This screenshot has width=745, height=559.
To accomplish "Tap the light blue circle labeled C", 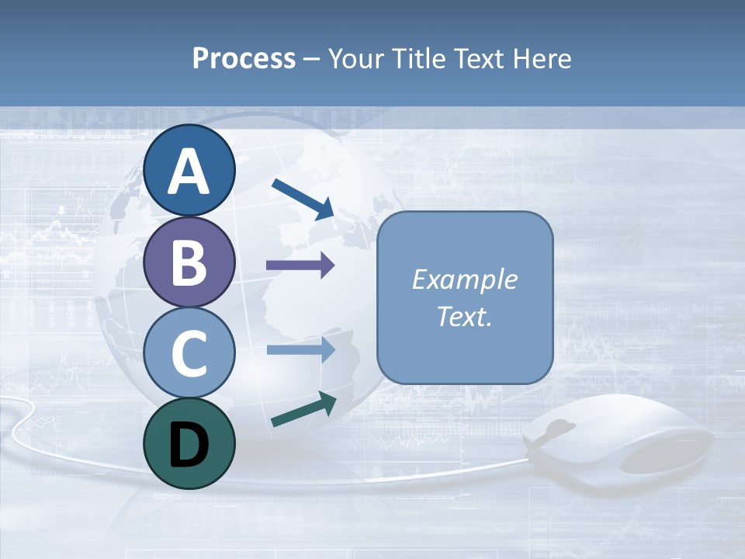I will [189, 354].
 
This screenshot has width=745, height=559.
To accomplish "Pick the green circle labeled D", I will [189, 444].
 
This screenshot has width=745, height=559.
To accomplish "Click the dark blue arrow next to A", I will [303, 198].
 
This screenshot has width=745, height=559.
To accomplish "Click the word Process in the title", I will [244, 58].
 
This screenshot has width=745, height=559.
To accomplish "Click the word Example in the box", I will [465, 279].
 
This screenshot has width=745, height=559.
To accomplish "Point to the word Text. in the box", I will [465, 316].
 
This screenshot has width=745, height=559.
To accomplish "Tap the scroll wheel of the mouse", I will [557, 429].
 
